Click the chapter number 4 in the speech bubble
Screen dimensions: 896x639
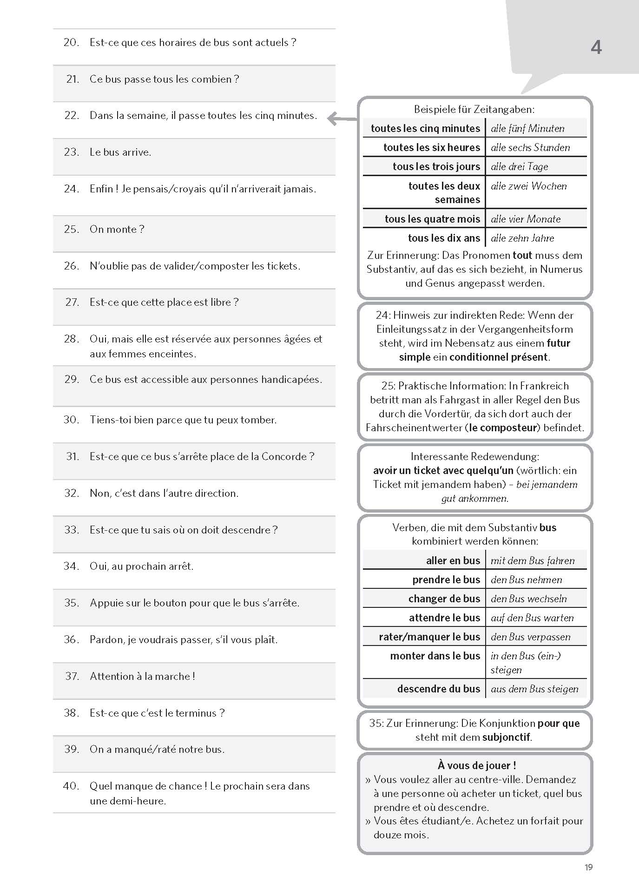click(596, 47)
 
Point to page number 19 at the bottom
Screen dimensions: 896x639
click(588, 867)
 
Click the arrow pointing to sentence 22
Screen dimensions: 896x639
click(342, 119)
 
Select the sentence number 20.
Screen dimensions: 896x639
click(71, 43)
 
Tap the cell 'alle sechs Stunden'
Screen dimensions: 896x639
click(530, 148)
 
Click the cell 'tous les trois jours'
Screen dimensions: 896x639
click(436, 167)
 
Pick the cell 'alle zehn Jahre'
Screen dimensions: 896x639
click(522, 238)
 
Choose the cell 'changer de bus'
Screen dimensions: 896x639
click(444, 599)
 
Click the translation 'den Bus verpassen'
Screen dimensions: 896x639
click(530, 637)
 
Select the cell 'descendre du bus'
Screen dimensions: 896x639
click(438, 689)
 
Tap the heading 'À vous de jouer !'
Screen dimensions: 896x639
click(477, 765)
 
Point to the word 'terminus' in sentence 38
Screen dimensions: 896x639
click(199, 713)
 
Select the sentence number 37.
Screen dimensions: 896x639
click(72, 676)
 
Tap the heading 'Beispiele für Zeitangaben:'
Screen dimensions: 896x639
click(474, 110)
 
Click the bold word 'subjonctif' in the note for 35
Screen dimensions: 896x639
click(506, 737)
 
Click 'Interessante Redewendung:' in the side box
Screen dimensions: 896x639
click(474, 457)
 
